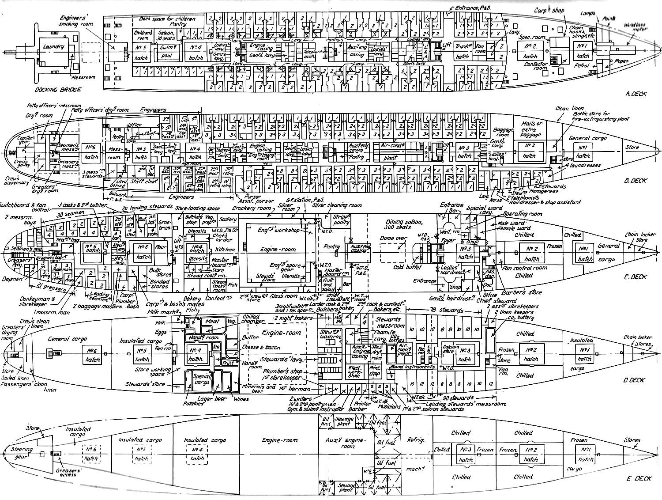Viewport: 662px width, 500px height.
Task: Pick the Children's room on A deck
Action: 143,35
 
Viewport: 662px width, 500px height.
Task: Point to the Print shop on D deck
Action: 374,371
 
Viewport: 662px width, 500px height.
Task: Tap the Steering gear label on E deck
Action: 22,452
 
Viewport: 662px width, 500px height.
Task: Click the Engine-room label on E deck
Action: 280,440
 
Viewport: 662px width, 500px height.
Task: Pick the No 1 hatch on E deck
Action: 586,455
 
